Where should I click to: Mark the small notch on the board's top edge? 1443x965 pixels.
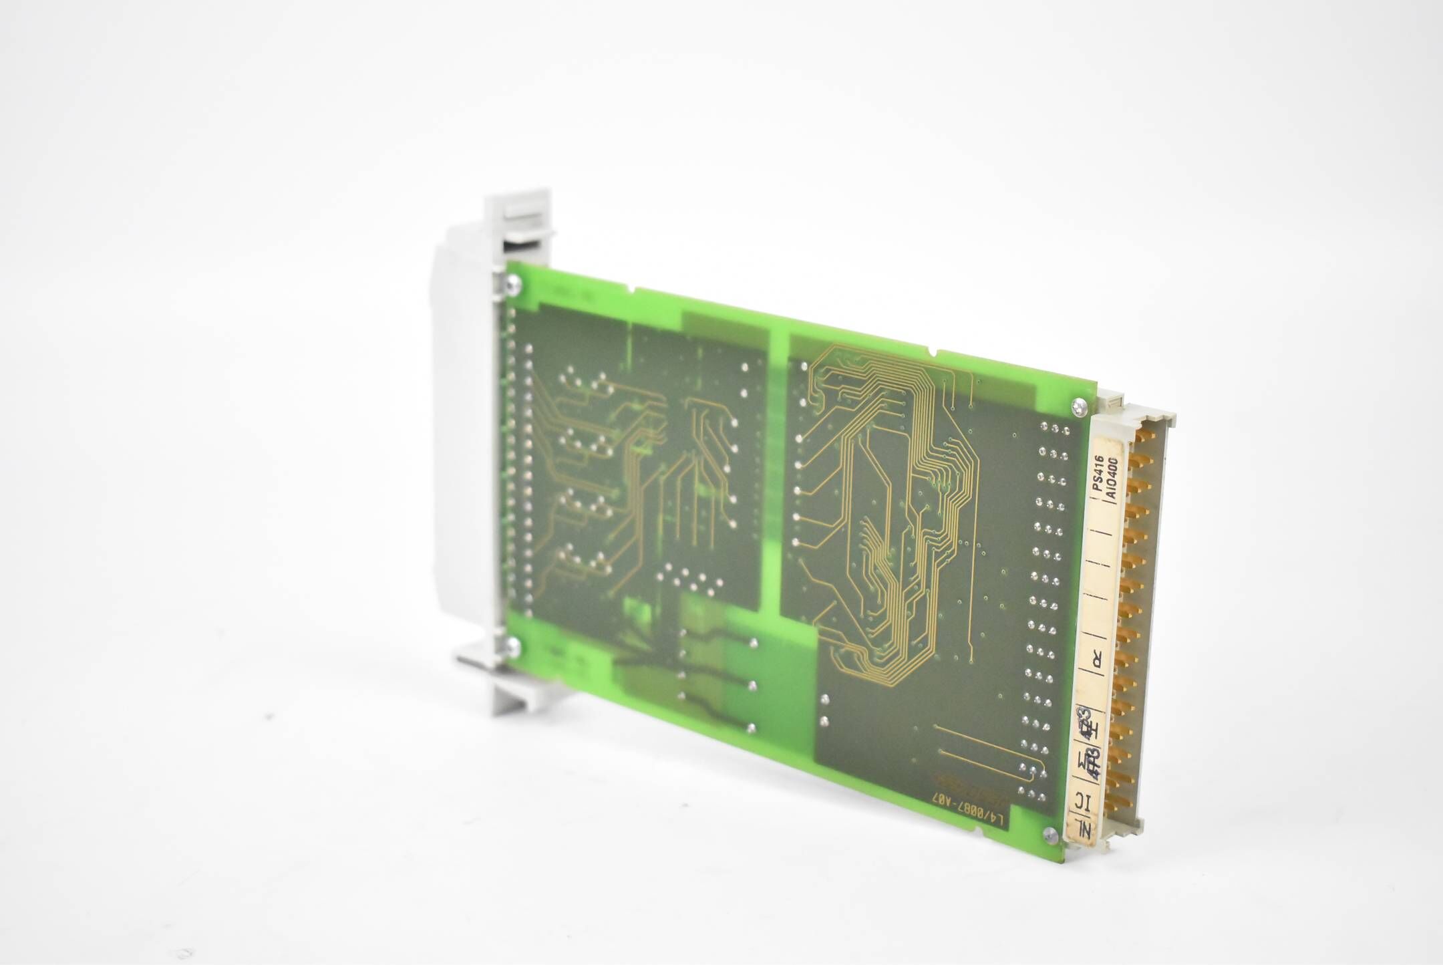pos(933,350)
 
